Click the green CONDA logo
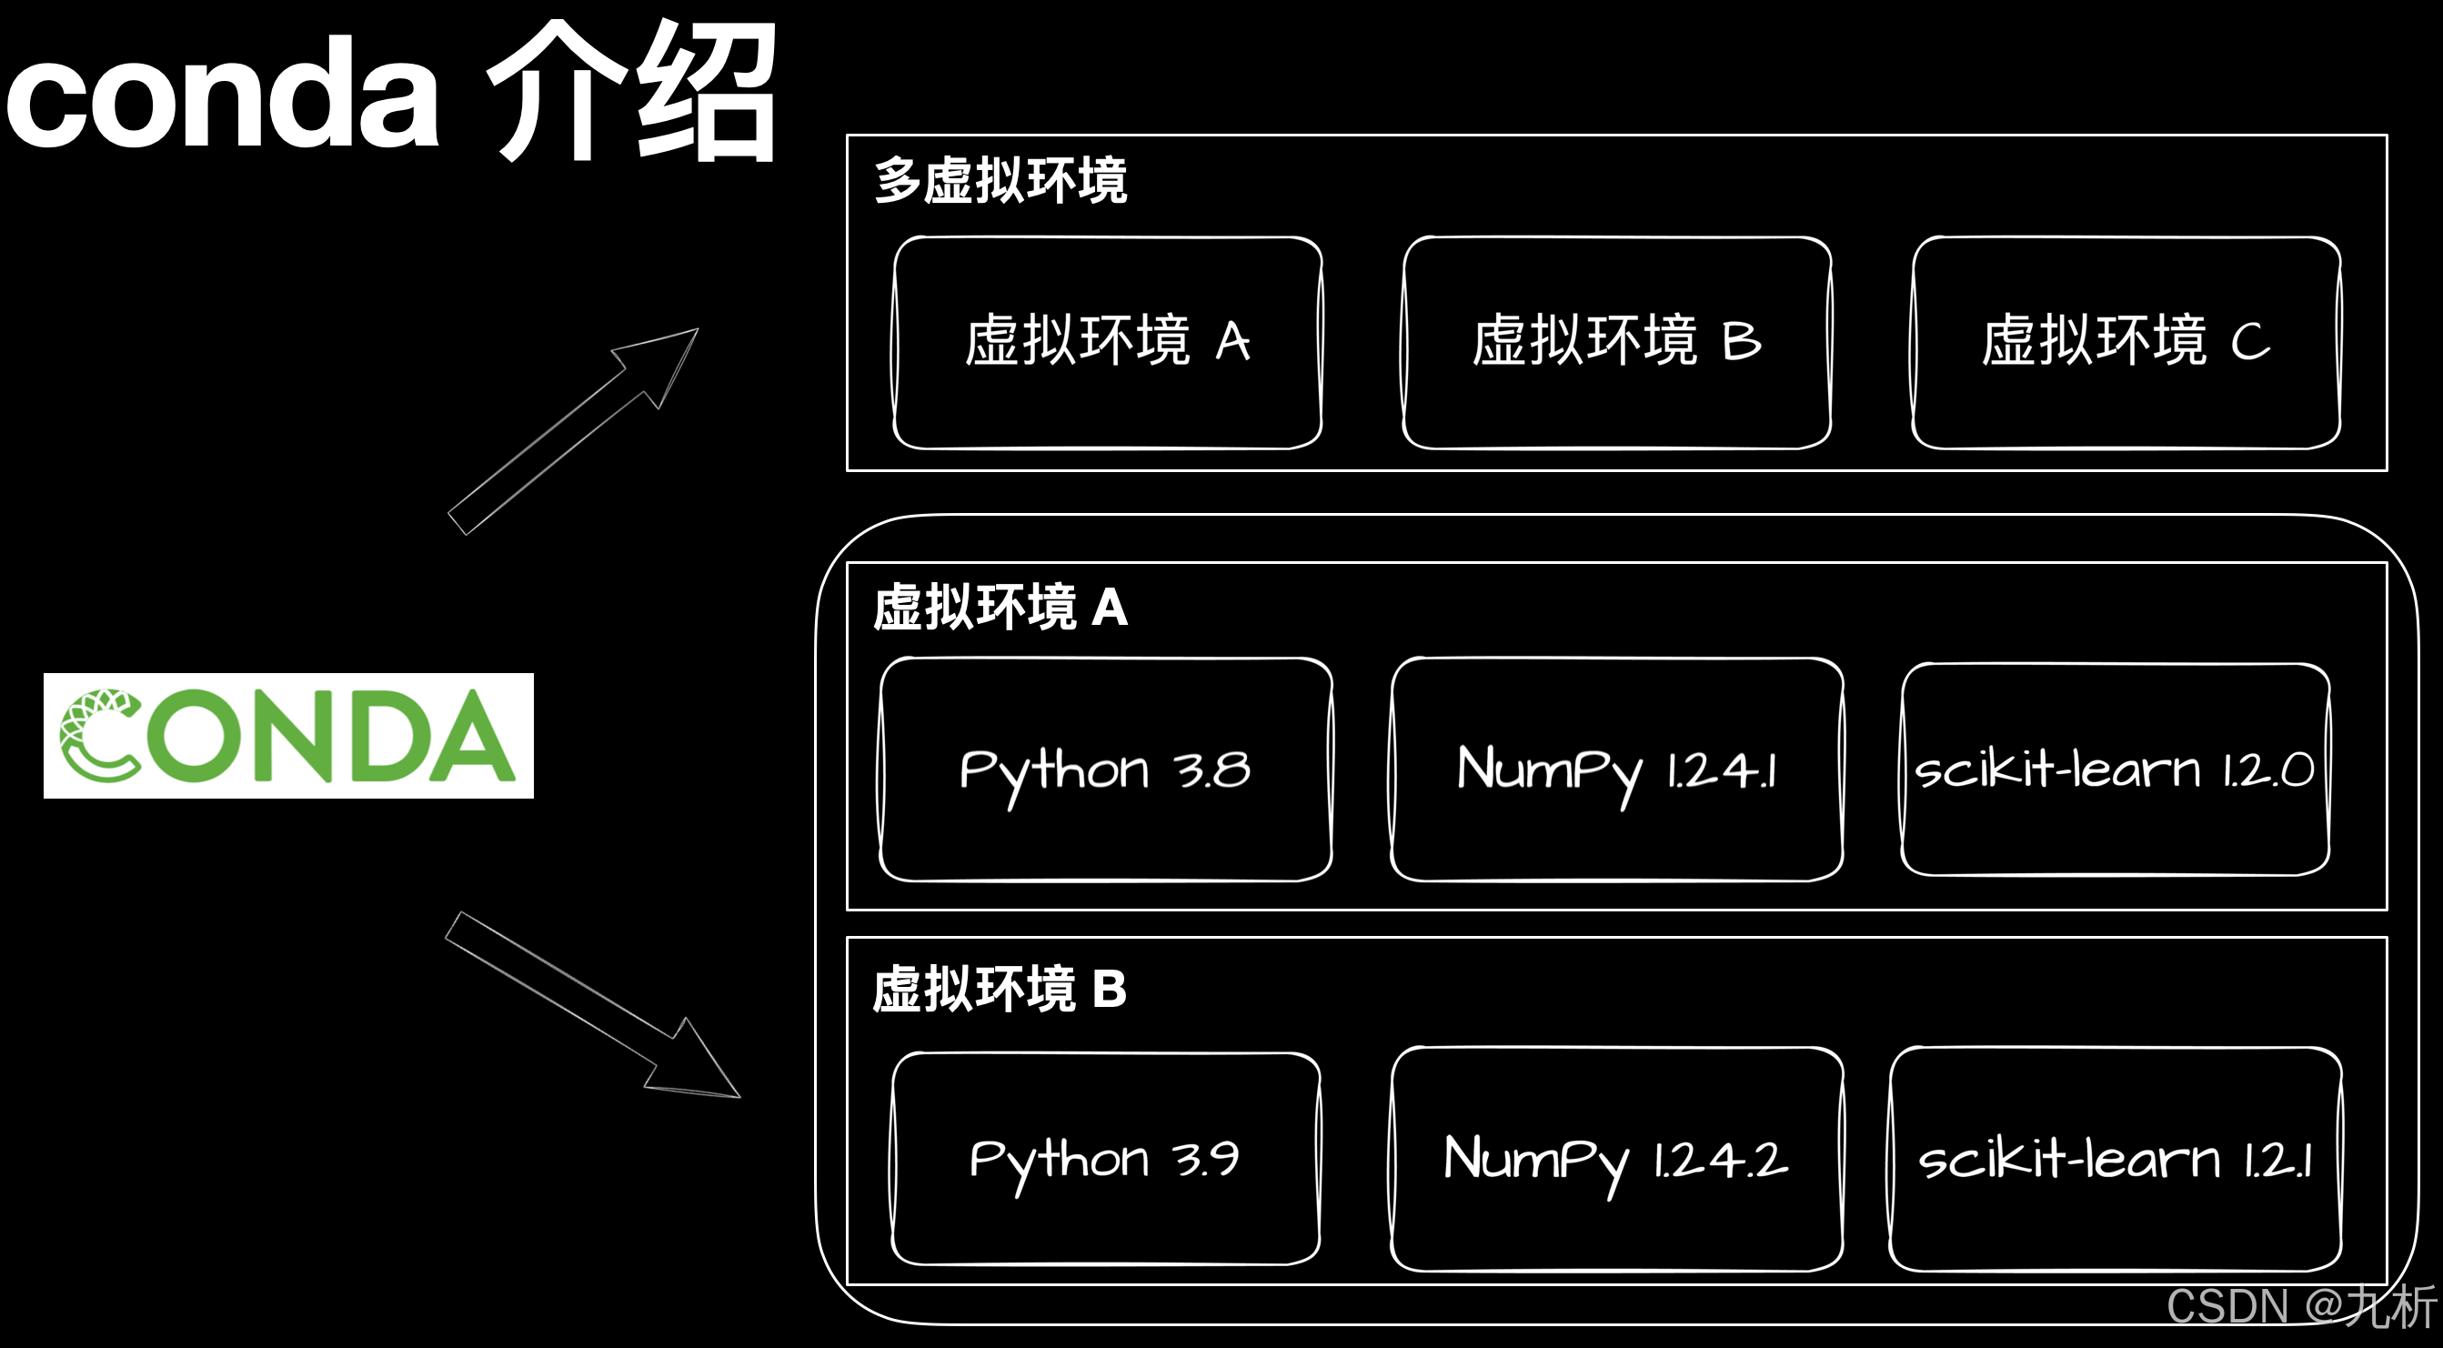288,735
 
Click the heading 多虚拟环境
1000,180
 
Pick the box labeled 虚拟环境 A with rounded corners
1107,342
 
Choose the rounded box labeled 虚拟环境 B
1616,342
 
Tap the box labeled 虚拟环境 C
2126,342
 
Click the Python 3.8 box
1106,770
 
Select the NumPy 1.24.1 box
1616,770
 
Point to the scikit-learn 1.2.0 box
2115,770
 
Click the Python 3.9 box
1105,1158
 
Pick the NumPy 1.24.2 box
1616,1158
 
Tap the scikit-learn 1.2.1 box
2115,1158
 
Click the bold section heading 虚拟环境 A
1000,607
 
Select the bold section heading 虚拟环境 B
1000,989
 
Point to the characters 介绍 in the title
631,92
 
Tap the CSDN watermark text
2300,1306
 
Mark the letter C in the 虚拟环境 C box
2249,342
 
